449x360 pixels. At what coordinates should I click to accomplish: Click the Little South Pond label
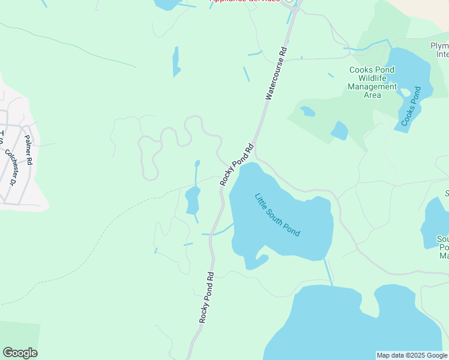pos(277,214)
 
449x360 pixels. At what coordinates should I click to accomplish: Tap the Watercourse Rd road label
pos(276,73)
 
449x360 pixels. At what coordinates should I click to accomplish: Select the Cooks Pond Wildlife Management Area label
pos(372,82)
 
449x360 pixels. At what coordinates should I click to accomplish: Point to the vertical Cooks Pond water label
pos(409,109)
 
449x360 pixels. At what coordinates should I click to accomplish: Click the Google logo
pos(20,353)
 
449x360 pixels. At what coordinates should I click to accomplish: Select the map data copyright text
pos(411,355)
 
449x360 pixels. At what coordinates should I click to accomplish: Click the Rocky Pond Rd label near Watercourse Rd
pos(238,164)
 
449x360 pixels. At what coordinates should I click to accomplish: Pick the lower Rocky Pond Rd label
pos(207,298)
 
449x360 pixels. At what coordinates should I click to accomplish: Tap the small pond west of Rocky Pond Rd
pos(192,200)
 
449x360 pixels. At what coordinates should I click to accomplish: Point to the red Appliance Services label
pos(244,1)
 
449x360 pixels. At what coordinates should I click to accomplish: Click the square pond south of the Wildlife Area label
pos(339,130)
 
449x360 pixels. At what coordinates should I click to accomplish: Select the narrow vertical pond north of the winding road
pos(176,61)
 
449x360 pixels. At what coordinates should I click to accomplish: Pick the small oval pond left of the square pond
pos(307,111)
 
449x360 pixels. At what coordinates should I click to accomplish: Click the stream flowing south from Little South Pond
pos(328,272)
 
